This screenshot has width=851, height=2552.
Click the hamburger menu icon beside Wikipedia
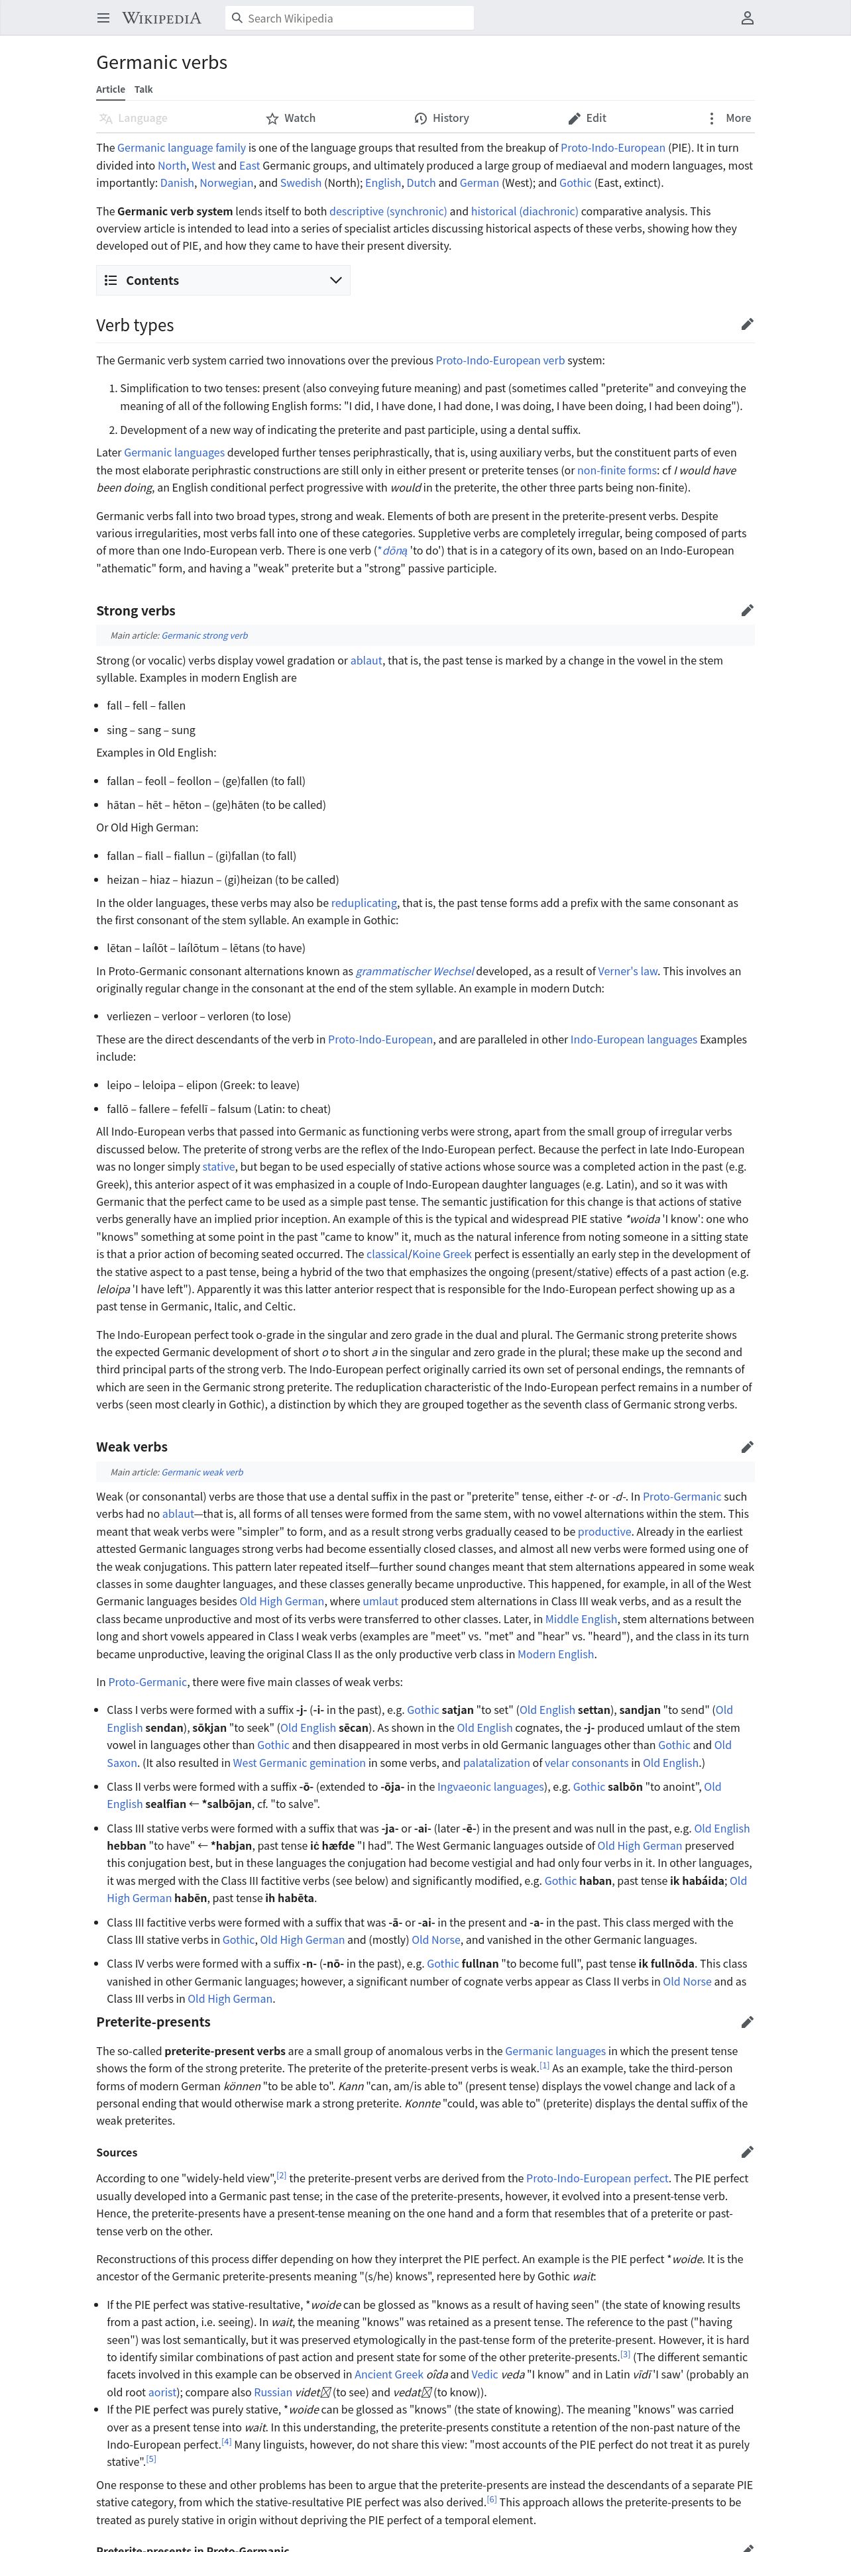click(103, 18)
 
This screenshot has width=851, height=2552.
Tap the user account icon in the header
click(747, 18)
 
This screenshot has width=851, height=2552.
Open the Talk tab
click(144, 89)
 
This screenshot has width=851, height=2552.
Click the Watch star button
click(290, 118)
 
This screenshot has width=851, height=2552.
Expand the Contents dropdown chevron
click(336, 280)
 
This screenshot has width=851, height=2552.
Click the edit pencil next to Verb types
click(747, 324)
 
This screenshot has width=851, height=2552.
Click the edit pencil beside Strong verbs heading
click(747, 610)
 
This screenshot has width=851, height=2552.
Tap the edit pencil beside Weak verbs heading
click(747, 1446)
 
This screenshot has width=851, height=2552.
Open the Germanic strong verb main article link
click(204, 636)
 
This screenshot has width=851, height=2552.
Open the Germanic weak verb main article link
click(202, 1472)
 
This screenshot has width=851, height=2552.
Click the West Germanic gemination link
click(291, 1762)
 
